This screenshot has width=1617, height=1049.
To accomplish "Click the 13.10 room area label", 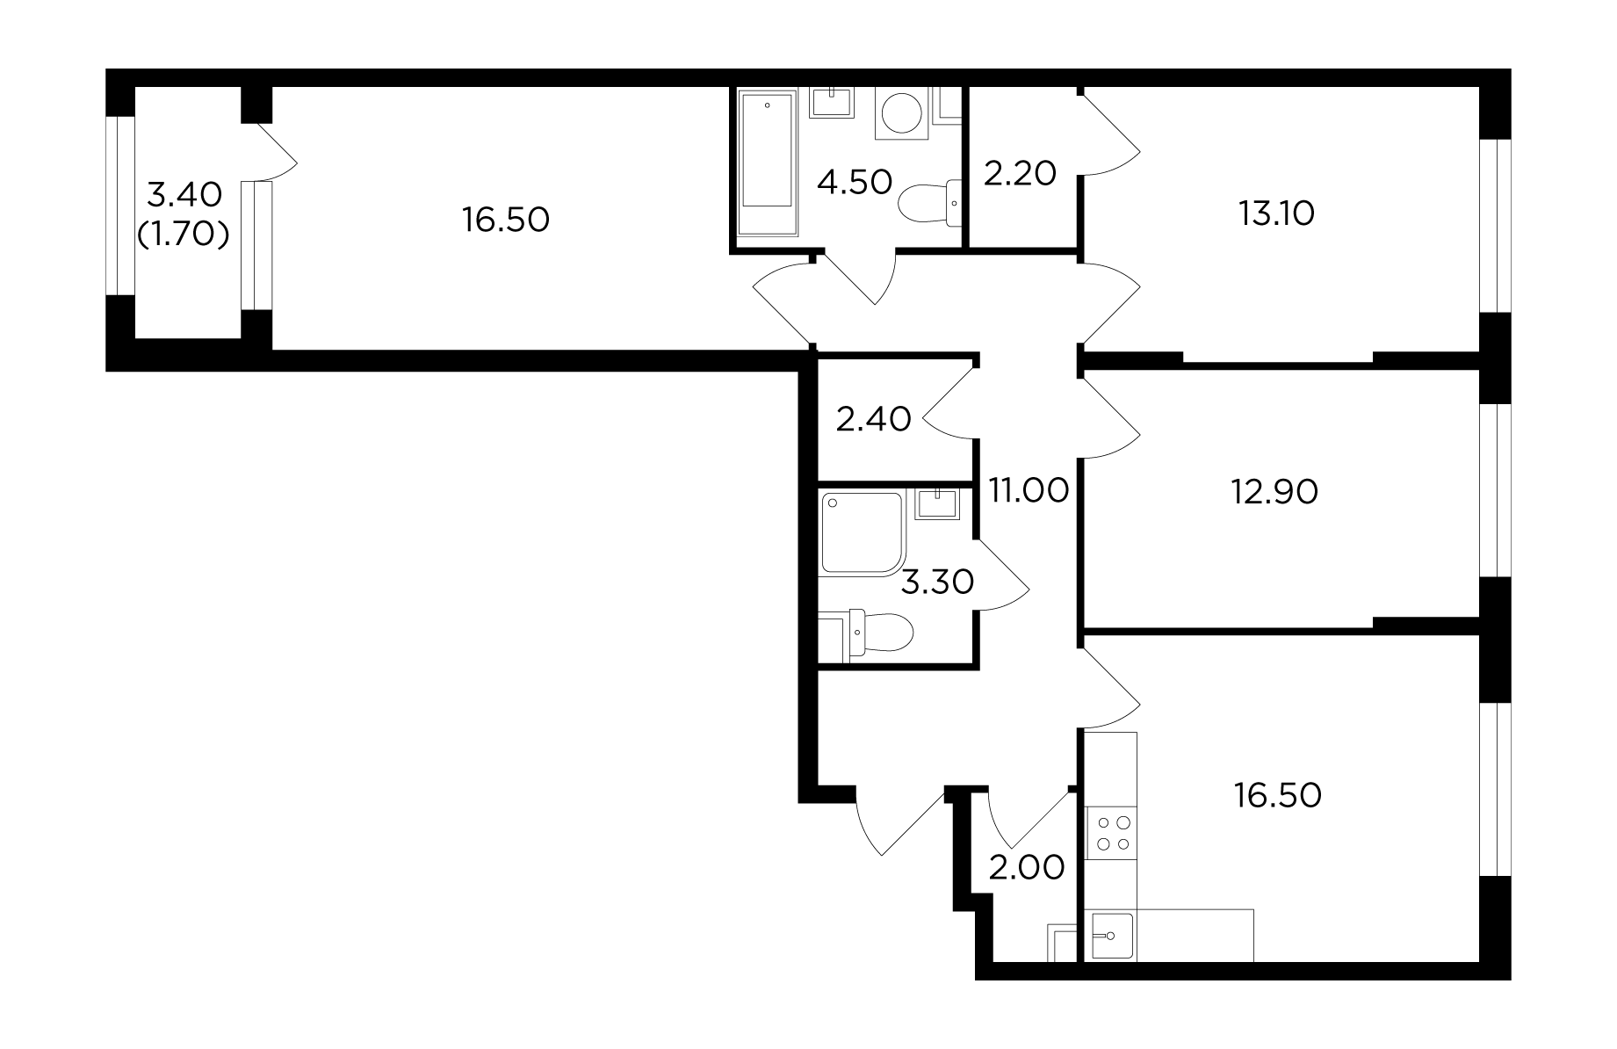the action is [x=1276, y=213].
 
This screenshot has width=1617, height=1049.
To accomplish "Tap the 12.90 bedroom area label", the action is [x=1274, y=492].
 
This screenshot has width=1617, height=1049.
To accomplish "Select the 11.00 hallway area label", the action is [x=1029, y=489].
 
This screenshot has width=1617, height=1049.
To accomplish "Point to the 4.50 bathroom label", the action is [x=854, y=182].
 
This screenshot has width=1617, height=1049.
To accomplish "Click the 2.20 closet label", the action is [x=1020, y=174].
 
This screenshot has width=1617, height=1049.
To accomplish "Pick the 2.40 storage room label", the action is [x=873, y=419].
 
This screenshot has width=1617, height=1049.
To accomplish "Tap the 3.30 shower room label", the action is [x=938, y=582].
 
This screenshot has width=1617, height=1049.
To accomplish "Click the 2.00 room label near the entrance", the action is [x=1027, y=867].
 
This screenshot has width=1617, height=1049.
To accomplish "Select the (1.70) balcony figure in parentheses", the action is [x=184, y=234].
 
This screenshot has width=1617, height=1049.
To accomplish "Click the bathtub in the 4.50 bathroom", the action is [x=768, y=163].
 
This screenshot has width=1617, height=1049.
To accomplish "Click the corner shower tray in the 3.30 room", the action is [x=861, y=534].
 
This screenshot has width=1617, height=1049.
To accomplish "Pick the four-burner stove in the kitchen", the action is [x=1111, y=834].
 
